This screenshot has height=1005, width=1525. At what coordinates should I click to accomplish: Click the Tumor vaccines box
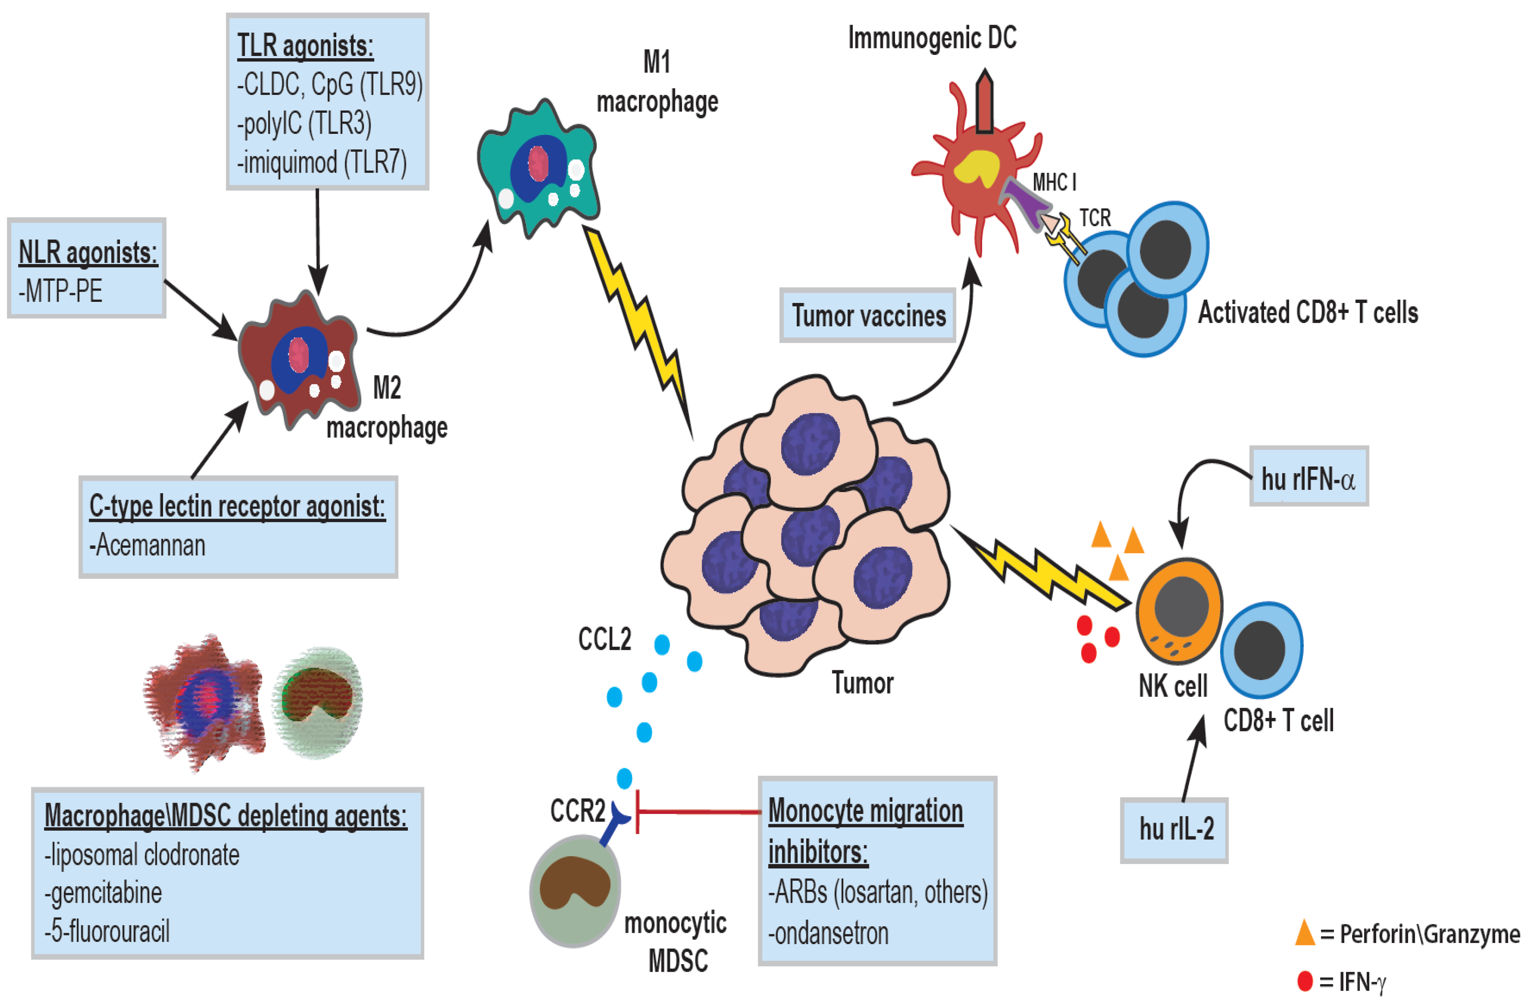point(867,315)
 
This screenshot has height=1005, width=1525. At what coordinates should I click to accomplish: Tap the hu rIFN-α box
point(1308,477)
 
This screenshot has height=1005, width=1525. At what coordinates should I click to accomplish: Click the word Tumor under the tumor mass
point(862,683)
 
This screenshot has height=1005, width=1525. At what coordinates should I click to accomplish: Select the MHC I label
point(1054,183)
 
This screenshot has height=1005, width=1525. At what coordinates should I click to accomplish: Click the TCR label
point(1094,218)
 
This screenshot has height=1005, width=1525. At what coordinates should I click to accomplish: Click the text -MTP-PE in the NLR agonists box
point(61,292)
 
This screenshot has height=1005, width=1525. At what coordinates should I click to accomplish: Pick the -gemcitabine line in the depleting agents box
point(103,893)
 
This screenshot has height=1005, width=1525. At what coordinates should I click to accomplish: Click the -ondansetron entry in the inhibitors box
point(828,934)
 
